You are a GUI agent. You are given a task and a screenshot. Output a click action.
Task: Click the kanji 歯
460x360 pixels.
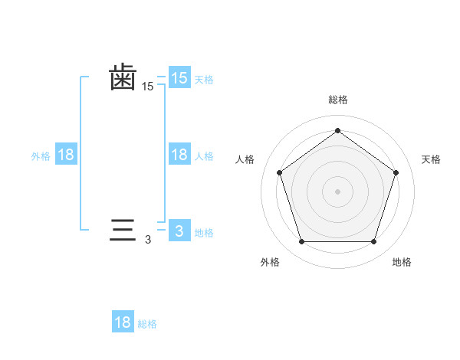pos(123,77)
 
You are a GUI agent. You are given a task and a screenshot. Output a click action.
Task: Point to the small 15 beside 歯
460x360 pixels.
pos(147,87)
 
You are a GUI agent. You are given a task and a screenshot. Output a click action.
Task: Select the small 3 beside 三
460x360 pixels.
pos(148,240)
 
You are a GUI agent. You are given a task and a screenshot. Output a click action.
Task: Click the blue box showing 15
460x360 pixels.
pos(179,78)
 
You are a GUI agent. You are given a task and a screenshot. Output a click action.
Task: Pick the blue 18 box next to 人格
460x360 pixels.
pos(179,155)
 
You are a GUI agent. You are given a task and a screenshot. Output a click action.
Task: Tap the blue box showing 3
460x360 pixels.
pos(179,231)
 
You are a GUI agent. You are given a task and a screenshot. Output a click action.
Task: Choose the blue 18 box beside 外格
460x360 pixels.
pos(66,155)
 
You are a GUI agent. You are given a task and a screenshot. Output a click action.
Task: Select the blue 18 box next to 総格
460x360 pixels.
pos(123,322)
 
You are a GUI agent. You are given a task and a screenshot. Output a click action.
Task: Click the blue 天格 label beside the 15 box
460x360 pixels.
pos(204,79)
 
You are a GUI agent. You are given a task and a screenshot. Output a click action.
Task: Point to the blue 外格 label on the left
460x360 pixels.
pos(41,155)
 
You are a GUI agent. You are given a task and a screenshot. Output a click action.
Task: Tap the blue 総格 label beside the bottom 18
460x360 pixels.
pos(147,324)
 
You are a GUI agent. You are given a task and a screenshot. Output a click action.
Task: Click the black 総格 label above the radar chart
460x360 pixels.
pos(337,100)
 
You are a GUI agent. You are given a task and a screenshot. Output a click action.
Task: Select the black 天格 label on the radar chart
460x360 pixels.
pos(431,159)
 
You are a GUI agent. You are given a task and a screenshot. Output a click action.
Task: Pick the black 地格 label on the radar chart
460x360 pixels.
pos(402,262)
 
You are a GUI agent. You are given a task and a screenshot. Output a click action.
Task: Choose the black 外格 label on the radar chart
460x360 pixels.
pos(270,262)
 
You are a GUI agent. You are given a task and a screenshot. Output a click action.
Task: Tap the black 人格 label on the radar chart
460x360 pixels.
pos(245,159)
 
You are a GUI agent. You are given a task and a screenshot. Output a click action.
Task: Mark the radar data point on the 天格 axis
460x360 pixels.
pos(396,172)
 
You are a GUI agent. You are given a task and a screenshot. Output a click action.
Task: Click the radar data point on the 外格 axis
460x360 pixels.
pos(301,242)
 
